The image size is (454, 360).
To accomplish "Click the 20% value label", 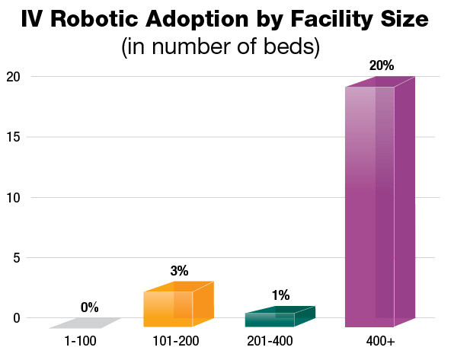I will pos(381,65).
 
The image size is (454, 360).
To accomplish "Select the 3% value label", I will pos(180,270).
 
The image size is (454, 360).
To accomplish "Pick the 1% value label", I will pos(280,295).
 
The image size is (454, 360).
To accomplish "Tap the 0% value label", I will pos(89,307).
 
